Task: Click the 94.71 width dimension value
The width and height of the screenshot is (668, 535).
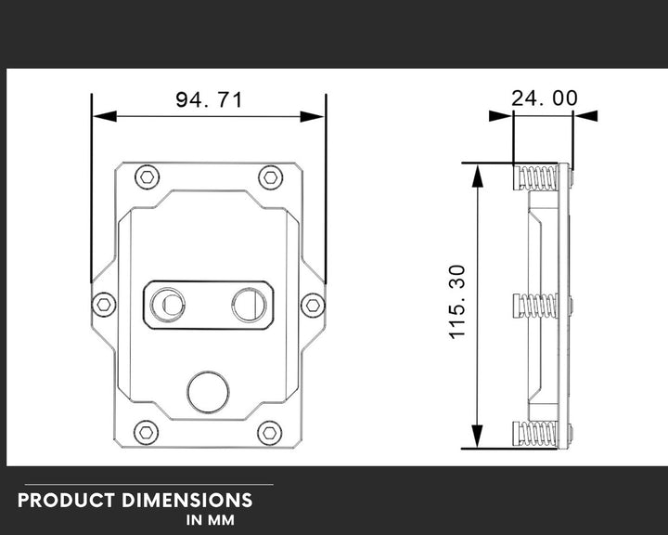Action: point(209,99)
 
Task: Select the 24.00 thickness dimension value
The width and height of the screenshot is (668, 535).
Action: point(545,98)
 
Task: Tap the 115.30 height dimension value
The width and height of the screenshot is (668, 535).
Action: point(457,302)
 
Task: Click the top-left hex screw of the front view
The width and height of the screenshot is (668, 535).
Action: point(147,176)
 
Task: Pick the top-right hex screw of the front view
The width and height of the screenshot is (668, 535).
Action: point(270,176)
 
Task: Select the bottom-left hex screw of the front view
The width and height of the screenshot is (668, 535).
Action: point(146,432)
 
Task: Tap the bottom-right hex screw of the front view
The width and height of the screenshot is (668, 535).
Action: point(270,432)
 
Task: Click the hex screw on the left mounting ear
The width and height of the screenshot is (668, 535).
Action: point(104,304)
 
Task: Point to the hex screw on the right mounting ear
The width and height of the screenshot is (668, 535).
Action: point(314,304)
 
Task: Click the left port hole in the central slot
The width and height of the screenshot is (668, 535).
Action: point(169,304)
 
